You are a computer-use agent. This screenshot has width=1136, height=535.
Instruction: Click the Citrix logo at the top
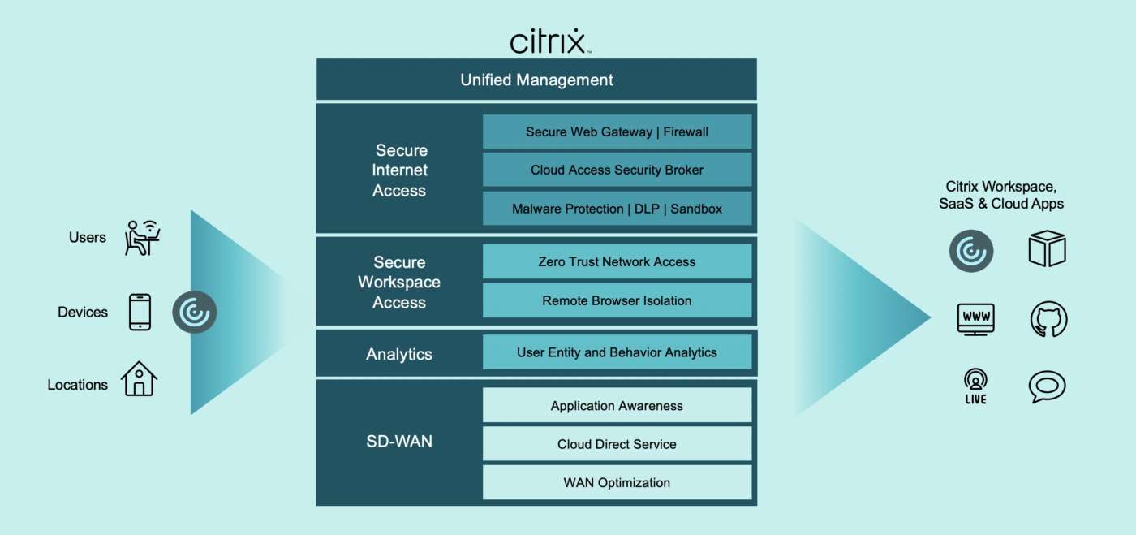548,41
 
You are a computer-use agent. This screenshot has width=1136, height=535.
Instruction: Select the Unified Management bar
536,80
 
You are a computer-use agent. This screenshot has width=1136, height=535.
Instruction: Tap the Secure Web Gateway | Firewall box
617,132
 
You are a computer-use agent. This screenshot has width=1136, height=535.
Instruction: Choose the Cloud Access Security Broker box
617,170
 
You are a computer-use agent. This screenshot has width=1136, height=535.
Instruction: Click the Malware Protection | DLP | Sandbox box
617,209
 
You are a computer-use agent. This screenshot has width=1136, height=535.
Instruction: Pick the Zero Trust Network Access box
617,261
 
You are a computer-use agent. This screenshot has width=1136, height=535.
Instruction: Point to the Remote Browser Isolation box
617,300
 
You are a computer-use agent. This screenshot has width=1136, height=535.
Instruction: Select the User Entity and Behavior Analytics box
617,352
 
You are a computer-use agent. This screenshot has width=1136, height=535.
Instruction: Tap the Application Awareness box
617,405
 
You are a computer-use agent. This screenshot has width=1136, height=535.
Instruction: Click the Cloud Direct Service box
617,444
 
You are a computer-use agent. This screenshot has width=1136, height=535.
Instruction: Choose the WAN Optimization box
617,482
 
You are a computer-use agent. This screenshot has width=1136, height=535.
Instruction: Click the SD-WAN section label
399,442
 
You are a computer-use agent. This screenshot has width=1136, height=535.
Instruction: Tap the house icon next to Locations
139,379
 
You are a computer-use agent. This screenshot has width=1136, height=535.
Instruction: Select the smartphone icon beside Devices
140,312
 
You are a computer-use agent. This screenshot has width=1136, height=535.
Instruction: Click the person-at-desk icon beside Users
142,237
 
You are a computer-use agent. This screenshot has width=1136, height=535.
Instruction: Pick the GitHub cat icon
1048,320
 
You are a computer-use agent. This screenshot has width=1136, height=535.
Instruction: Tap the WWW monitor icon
975,319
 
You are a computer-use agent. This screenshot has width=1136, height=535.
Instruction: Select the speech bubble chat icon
1047,386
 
